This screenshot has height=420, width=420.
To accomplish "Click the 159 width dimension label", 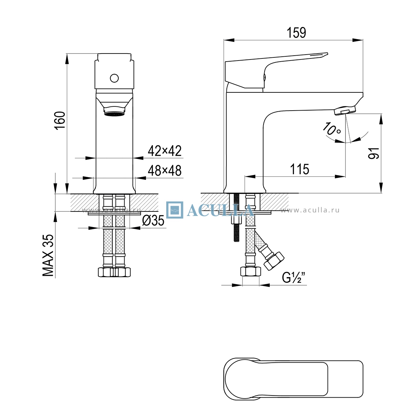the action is coord(296,33).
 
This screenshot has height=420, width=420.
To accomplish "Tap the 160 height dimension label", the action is coord(60,121).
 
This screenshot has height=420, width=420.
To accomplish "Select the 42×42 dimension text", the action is coord(164,150).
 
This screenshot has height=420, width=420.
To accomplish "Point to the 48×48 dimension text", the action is coord(164,170).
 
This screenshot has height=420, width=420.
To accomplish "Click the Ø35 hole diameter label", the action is coord(153,221).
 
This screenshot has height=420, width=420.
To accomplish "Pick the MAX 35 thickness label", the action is coord(48,255).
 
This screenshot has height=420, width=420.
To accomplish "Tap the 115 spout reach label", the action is coord(300,169).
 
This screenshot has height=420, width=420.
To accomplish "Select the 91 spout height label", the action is coord(373,153).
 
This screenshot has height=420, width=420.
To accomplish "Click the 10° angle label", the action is coord(331,129).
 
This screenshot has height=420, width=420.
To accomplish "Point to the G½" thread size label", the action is coord(293,278).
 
